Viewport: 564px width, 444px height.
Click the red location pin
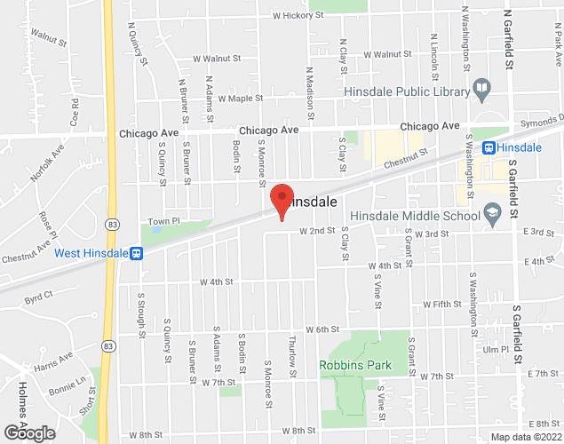(282, 201)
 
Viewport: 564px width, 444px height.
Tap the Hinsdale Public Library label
(406, 89)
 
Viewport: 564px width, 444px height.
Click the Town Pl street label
(163, 220)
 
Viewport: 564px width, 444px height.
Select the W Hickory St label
(302, 16)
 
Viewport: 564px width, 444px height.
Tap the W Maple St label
(241, 99)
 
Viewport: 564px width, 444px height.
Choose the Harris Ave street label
(54, 361)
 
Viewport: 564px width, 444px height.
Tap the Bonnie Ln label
(68, 386)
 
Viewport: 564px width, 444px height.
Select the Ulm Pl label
(495, 350)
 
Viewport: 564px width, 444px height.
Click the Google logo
(28, 433)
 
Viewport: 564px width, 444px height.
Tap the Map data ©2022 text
(526, 437)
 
